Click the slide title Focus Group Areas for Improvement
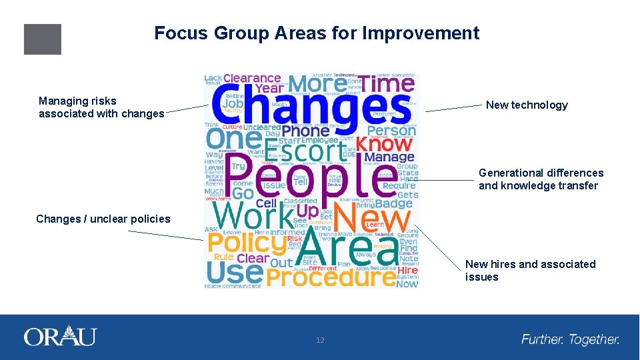pos(316,33)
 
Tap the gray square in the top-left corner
pos(43,39)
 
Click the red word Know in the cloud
pos(384,143)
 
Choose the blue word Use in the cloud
pos(225,272)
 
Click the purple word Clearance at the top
pos(252,79)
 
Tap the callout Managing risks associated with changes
pos(101,107)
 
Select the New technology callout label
pos(527,105)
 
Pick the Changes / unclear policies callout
pos(103,219)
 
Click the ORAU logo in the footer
pos(60,337)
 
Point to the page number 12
pos(320,341)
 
